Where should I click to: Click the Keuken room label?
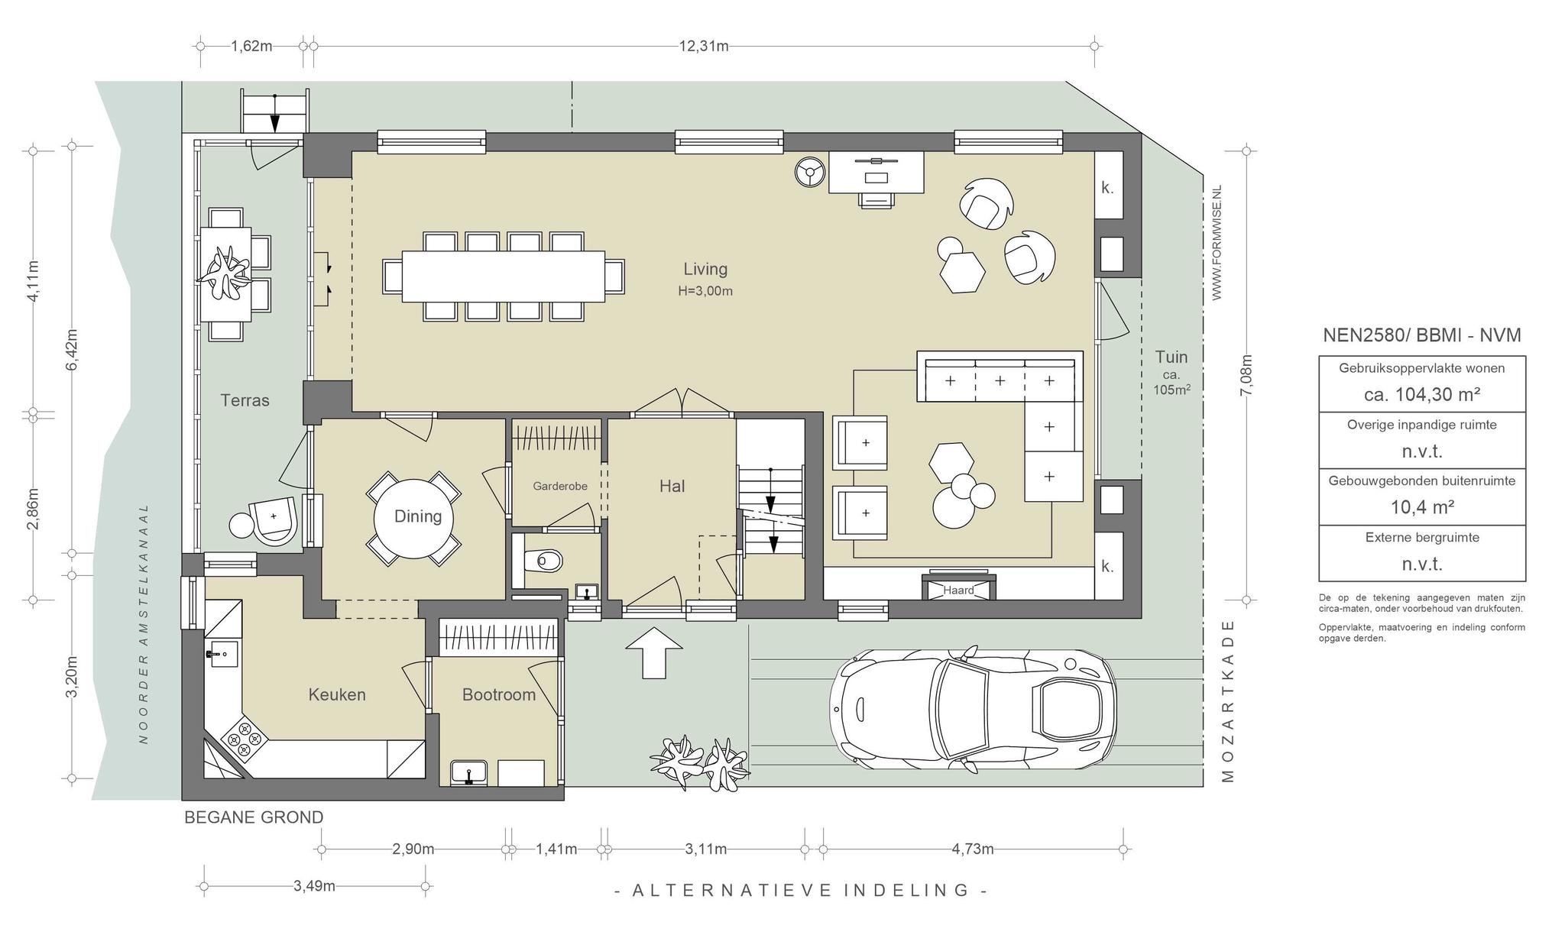[x=337, y=694]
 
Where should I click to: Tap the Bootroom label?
[x=499, y=694]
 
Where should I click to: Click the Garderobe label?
[x=560, y=486]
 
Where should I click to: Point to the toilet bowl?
[x=546, y=561]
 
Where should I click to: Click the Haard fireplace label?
[x=958, y=590]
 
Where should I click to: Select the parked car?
[x=973, y=710]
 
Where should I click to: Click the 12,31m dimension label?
[x=704, y=46]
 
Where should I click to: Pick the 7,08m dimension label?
[x=1246, y=375]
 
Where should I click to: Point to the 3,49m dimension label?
[x=314, y=886]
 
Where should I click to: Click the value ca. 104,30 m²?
[x=1422, y=394]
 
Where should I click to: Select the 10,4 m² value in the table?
[x=1422, y=507]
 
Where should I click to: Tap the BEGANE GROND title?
[x=254, y=817]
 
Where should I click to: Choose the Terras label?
[x=245, y=400]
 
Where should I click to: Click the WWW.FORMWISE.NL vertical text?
[x=1217, y=242]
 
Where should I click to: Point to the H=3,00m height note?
[x=705, y=291]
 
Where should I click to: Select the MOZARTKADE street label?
[x=1228, y=700]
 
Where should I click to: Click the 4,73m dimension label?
[x=972, y=849]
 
